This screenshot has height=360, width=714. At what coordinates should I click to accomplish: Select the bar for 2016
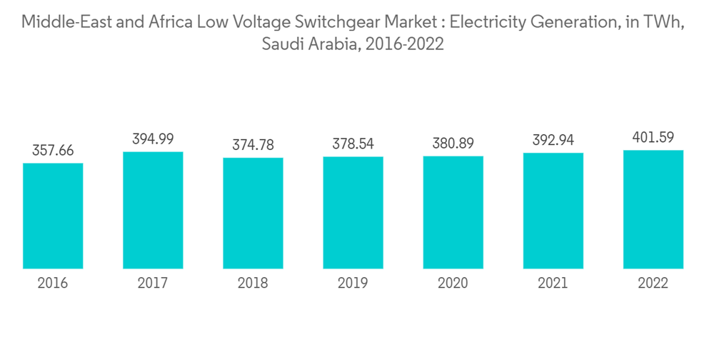pos(53,216)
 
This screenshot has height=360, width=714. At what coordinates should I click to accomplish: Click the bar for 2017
pos(153,210)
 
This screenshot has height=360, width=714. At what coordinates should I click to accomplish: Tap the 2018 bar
pos(253,213)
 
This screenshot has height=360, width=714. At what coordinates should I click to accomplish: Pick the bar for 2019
pos(353,212)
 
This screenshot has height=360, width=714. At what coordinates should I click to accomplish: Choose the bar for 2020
pos(453,212)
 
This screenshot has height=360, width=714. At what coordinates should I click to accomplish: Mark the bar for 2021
pos(553,211)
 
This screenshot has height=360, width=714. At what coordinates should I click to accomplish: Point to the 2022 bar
pos(653,209)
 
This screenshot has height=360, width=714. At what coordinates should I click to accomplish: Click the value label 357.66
pos(53,151)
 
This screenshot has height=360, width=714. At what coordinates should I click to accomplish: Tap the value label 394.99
pos(153,139)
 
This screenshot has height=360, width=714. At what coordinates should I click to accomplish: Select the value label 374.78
pos(253,145)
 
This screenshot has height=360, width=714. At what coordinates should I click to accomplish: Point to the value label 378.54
pos(353,144)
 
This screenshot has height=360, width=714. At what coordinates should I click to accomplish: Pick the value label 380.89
pos(453,144)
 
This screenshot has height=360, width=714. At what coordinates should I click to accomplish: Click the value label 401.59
pos(653,137)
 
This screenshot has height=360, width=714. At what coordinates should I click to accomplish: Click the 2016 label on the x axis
pos(53,284)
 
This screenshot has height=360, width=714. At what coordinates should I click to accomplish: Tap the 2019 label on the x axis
pos(353,284)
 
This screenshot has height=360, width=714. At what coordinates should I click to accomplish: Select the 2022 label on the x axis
pos(653,284)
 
